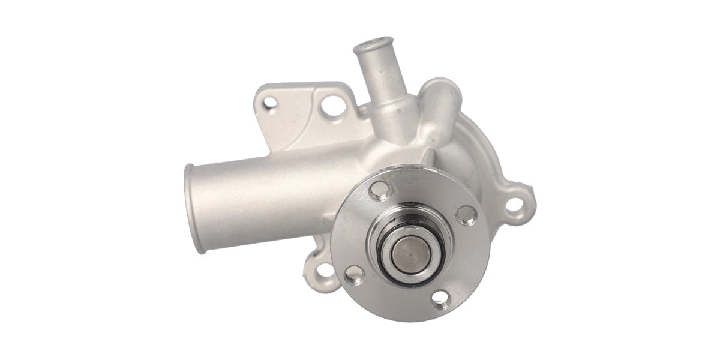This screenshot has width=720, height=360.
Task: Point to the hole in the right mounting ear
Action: [514, 205]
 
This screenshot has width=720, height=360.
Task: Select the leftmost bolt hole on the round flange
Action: [354, 274]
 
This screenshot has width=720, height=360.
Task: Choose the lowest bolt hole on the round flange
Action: [440, 297]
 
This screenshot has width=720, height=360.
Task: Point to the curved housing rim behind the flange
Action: [480, 156]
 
